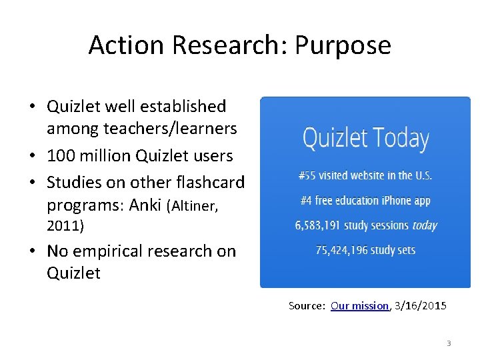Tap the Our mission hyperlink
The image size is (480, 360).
tap(359, 306)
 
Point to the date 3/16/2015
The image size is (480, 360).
tap(421, 306)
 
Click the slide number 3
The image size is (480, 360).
tap(449, 343)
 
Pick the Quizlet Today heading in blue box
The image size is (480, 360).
tap(365, 139)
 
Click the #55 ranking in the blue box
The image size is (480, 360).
tap(307, 176)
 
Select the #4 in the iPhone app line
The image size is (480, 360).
tap(307, 201)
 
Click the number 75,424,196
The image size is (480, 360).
tap(343, 251)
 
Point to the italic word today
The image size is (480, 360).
tap(425, 225)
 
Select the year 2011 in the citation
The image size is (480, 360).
tap(63, 227)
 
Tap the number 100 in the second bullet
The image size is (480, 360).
tap(61, 156)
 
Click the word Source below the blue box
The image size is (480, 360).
tap(306, 306)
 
